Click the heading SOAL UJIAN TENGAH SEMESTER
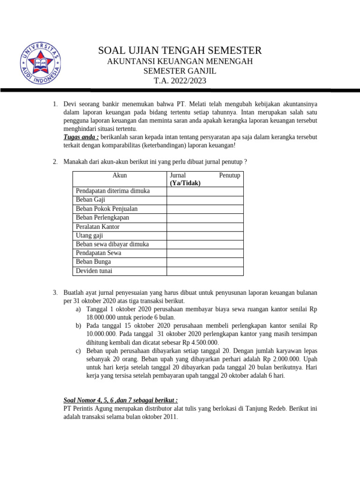click(180, 51)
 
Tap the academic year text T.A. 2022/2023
click(180, 81)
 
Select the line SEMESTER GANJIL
click(180, 71)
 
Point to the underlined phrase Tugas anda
click(81, 137)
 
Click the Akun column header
click(120, 175)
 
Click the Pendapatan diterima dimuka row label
click(112, 191)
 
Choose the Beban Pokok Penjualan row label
click(106, 209)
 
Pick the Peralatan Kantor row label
click(97, 226)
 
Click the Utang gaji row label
click(89, 235)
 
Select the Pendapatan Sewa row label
click(98, 253)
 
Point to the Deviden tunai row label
click(94, 271)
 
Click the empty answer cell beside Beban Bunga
click(205, 262)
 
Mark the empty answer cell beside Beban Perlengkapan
click(205, 217)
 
